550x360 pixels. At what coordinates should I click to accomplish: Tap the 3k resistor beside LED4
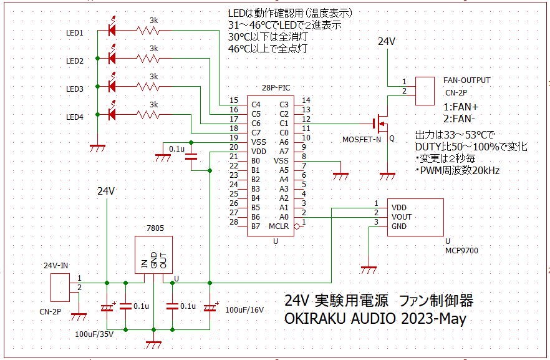tap(148, 114)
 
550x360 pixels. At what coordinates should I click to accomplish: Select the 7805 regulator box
tap(153, 255)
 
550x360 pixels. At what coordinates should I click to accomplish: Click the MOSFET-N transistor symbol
tap(380, 124)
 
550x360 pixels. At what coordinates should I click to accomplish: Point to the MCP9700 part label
tap(461, 251)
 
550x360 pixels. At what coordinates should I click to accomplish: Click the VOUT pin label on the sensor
tap(402, 217)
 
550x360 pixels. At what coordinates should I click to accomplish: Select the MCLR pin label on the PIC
tap(279, 226)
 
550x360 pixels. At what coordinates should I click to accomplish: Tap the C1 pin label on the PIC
tap(284, 124)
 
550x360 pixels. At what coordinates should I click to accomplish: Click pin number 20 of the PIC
tap(234, 147)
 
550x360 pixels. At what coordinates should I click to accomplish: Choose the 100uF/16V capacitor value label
tap(244, 310)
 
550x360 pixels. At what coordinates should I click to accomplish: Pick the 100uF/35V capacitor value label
tap(94, 334)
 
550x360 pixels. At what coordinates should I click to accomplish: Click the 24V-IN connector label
tap(55, 266)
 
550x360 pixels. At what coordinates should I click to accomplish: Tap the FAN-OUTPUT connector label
tap(466, 80)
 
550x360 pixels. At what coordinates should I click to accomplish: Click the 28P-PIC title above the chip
tap(276, 88)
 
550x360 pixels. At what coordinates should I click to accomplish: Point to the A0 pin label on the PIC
tap(284, 217)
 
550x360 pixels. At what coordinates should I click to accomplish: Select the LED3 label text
tap(75, 89)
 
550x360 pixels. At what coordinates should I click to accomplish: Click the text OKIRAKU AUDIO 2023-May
tap(375, 319)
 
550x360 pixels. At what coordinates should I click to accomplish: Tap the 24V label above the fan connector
tap(387, 41)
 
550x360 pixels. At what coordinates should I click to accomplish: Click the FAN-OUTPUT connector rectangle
tap(425, 91)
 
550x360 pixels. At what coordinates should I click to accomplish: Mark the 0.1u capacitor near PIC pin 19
tap(191, 157)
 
